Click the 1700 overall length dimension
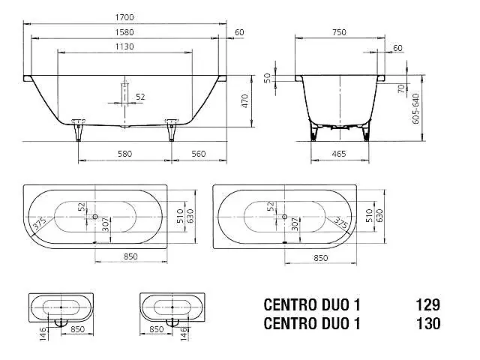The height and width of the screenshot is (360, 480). (x=124, y=17)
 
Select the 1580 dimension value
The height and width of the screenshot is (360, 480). (x=124, y=32)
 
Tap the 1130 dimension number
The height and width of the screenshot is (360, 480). (x=124, y=46)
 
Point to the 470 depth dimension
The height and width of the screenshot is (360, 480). (x=245, y=101)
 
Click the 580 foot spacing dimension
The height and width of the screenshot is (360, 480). (x=125, y=154)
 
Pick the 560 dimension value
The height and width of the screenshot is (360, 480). (x=199, y=154)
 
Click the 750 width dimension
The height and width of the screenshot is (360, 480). (x=339, y=32)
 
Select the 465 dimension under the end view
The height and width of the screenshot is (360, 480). (x=339, y=154)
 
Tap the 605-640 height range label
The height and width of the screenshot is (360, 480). (x=415, y=108)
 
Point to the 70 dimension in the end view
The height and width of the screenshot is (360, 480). (x=401, y=88)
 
